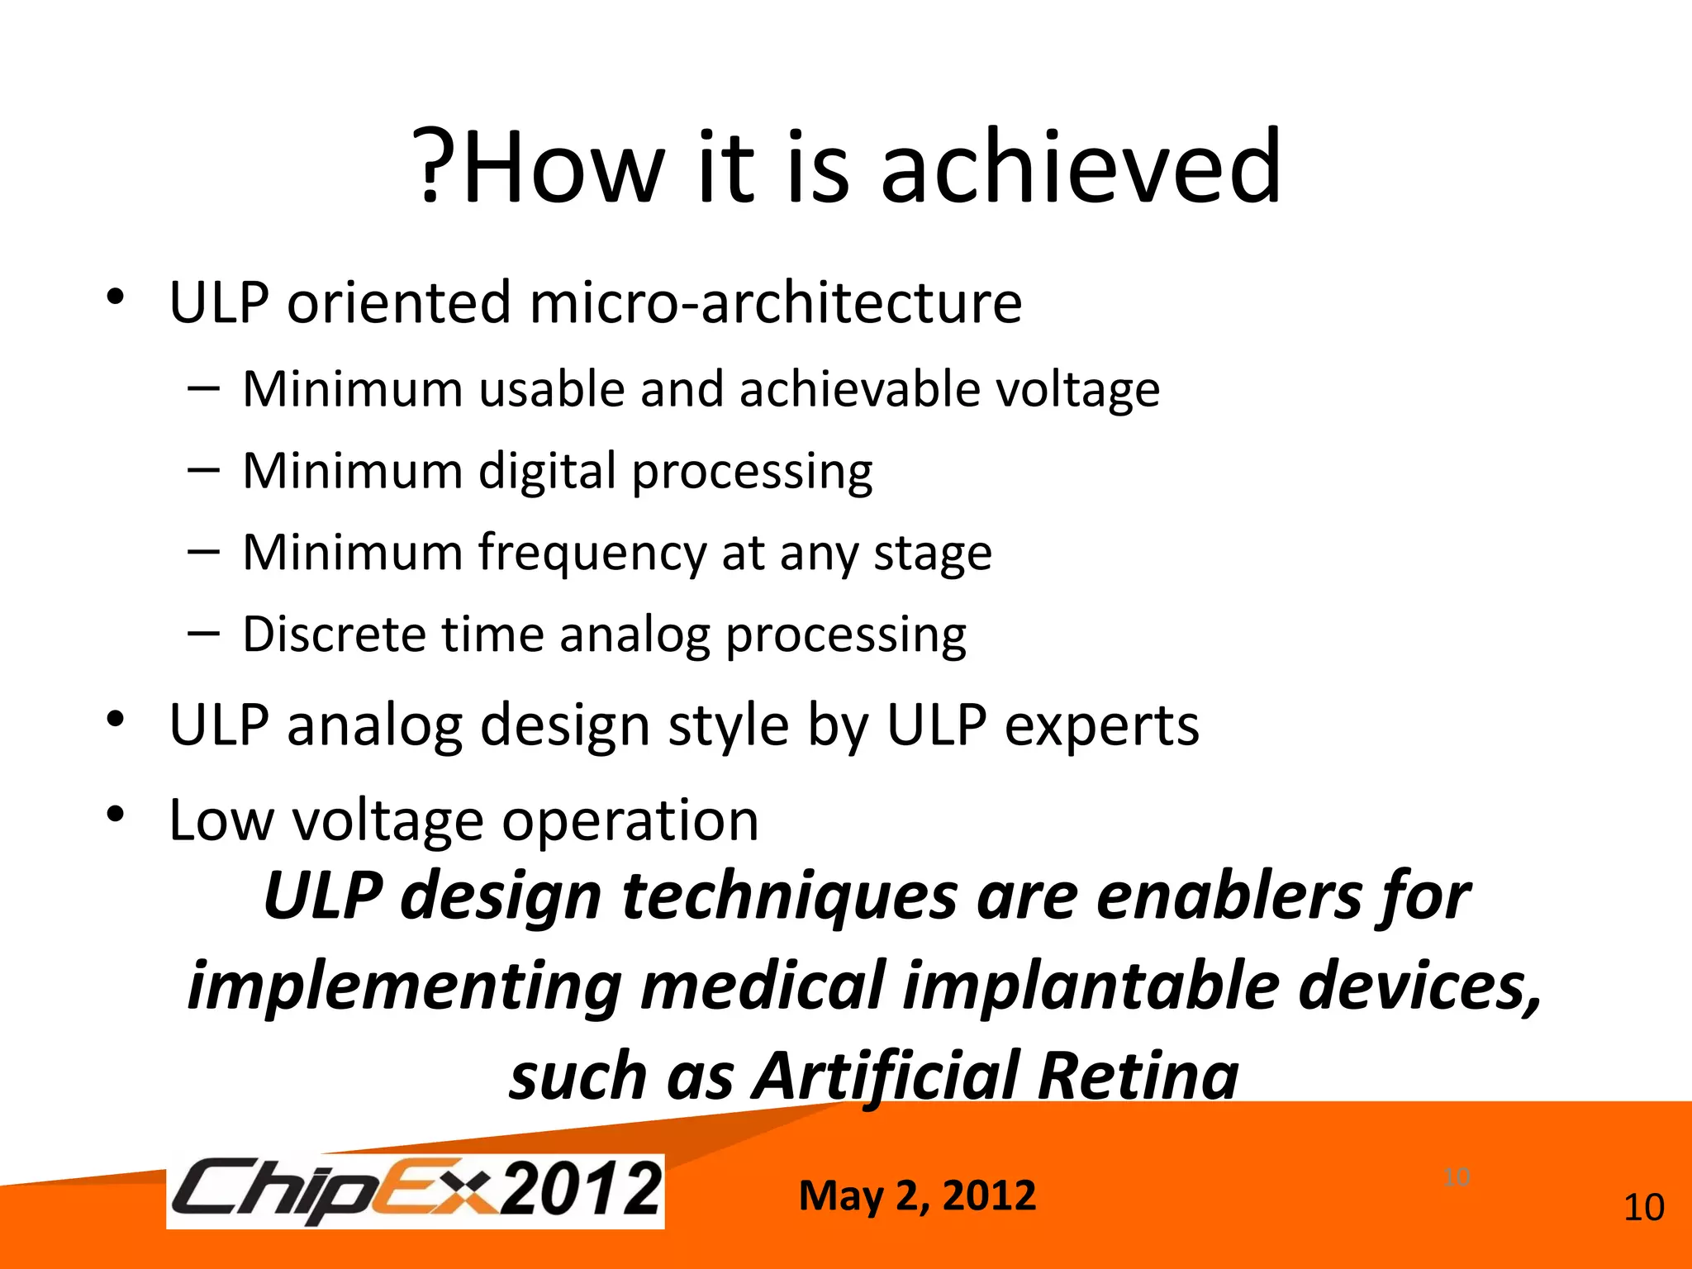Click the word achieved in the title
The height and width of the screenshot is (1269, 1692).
1081,168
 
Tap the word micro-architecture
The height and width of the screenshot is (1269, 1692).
775,302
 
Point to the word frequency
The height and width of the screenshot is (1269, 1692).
592,554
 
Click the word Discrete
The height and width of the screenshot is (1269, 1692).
334,634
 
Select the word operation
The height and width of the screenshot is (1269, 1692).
630,820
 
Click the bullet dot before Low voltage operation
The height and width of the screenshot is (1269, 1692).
115,815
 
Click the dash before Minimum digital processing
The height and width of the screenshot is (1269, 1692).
203,470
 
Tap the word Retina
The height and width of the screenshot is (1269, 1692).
1138,1077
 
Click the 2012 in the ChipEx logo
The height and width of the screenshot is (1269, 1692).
582,1189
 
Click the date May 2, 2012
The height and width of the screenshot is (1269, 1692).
917,1196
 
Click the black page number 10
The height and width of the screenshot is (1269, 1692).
1643,1208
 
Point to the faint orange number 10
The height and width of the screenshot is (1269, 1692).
1457,1176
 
